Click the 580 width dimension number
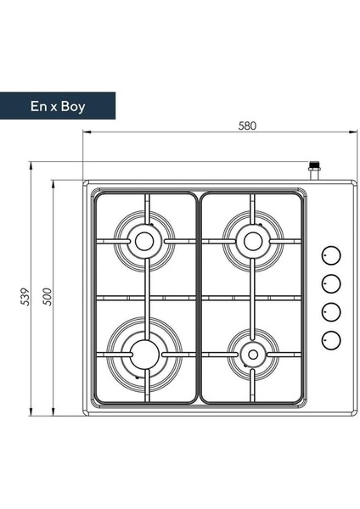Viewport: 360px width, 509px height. tap(247, 126)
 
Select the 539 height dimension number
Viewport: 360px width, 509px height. tap(25, 296)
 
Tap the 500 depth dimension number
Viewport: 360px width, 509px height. tap(48, 296)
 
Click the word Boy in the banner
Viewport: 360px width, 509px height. tap(73, 107)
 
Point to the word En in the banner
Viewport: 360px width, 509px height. tap(39, 106)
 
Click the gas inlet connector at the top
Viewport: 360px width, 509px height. tap(314, 171)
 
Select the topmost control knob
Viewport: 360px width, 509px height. tap(331, 255)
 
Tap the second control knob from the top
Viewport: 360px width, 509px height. tap(331, 283)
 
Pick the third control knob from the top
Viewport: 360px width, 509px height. tap(331, 312)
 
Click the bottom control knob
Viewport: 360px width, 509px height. tap(331, 340)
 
